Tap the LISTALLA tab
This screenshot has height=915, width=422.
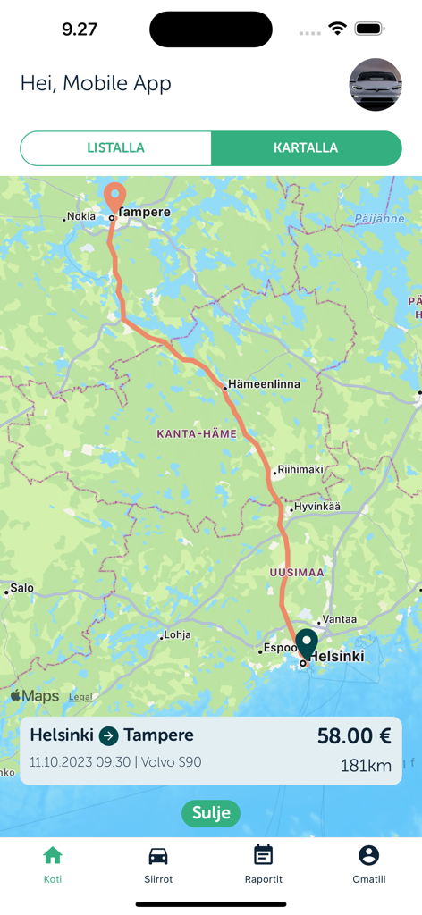pyautogui.click(x=115, y=148)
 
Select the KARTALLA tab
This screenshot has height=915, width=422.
pyautogui.click(x=306, y=148)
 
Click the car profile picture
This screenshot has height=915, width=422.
pyautogui.click(x=375, y=85)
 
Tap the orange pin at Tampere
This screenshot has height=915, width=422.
pyautogui.click(x=114, y=196)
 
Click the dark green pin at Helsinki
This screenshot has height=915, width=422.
pyautogui.click(x=307, y=643)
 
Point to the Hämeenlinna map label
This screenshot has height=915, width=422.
pyautogui.click(x=264, y=384)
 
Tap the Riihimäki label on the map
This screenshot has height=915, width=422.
pyautogui.click(x=300, y=469)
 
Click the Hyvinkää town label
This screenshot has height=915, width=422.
pyautogui.click(x=317, y=507)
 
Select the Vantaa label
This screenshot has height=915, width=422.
pyautogui.click(x=339, y=619)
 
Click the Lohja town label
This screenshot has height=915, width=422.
pyautogui.click(x=176, y=636)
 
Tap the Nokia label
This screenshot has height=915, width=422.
pyautogui.click(x=80, y=216)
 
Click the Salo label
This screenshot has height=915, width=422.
pyautogui.click(x=21, y=588)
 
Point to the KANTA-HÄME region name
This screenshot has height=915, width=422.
pyautogui.click(x=197, y=434)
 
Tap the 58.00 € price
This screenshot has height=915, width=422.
pyautogui.click(x=354, y=736)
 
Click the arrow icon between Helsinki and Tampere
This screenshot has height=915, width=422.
pyautogui.click(x=108, y=736)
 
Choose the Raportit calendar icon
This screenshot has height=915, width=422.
pyautogui.click(x=263, y=855)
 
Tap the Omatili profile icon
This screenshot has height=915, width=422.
pyautogui.click(x=368, y=855)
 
